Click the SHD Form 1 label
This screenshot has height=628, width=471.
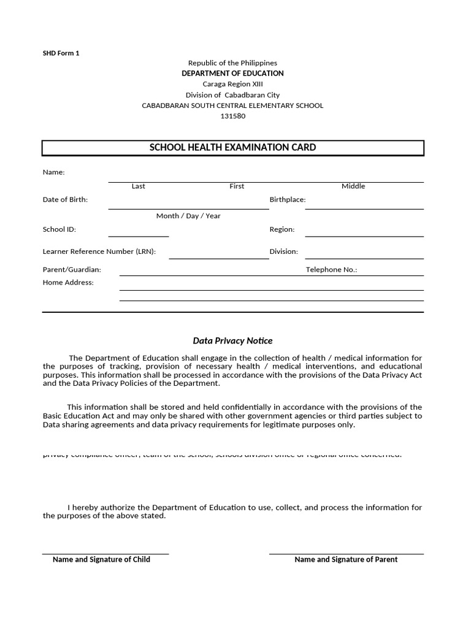click(61, 53)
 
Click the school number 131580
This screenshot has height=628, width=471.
click(232, 116)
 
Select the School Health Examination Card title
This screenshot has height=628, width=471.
click(232, 147)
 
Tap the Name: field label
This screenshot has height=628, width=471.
click(53, 172)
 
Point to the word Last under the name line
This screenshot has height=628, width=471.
click(139, 186)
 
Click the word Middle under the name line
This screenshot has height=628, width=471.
click(353, 186)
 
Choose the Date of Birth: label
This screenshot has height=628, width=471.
click(65, 199)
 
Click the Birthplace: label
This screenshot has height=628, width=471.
click(288, 199)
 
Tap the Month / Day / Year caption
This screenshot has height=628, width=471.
click(188, 216)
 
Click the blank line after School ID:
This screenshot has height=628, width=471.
click(139, 234)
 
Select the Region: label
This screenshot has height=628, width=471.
click(282, 229)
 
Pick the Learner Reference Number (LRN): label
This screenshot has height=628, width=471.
click(99, 251)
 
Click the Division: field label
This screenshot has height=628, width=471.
click(284, 251)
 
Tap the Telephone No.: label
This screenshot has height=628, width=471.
click(331, 269)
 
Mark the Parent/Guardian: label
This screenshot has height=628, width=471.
click(72, 269)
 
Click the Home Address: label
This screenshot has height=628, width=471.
click(68, 283)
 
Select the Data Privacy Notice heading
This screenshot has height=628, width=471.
click(232, 340)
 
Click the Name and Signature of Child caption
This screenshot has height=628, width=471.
click(101, 559)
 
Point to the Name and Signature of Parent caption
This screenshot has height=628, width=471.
click(346, 559)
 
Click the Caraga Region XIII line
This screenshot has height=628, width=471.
click(232, 84)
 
